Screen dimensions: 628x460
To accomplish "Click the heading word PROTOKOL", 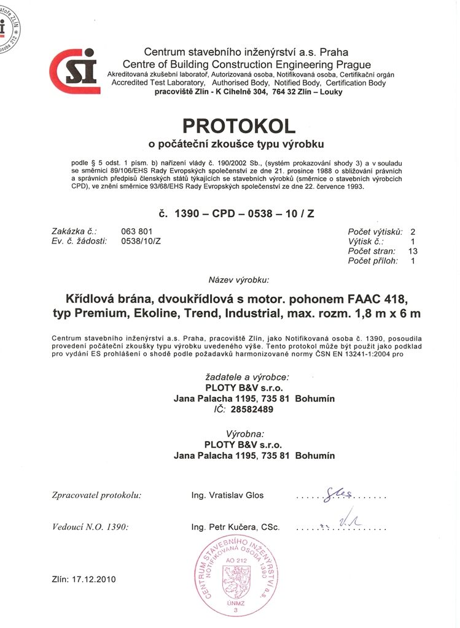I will pos(239,126).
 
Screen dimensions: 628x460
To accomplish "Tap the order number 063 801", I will pos(136,231).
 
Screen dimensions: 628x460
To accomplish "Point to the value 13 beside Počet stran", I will pos(413,251).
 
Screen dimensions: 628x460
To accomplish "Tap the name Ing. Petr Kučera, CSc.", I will pos(235,527).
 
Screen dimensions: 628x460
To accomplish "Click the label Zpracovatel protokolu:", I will pos(96,494).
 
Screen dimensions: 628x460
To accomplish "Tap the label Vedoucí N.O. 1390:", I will pos(90,527).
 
